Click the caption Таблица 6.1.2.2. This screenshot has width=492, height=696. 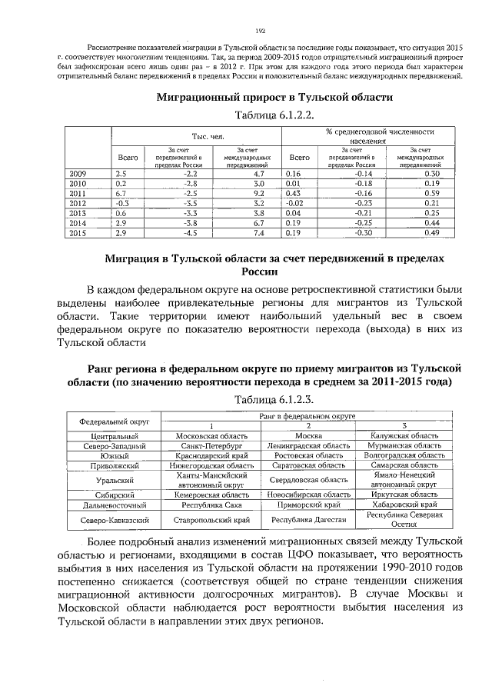[x=274, y=115]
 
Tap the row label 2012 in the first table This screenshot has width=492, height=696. [x=78, y=203]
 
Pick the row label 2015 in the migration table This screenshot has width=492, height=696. [x=78, y=232]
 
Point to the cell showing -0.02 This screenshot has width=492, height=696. [x=294, y=203]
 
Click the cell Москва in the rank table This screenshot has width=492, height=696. [x=307, y=435]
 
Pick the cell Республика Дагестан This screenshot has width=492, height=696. [x=307, y=521]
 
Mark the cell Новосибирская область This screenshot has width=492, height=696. [x=307, y=495]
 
